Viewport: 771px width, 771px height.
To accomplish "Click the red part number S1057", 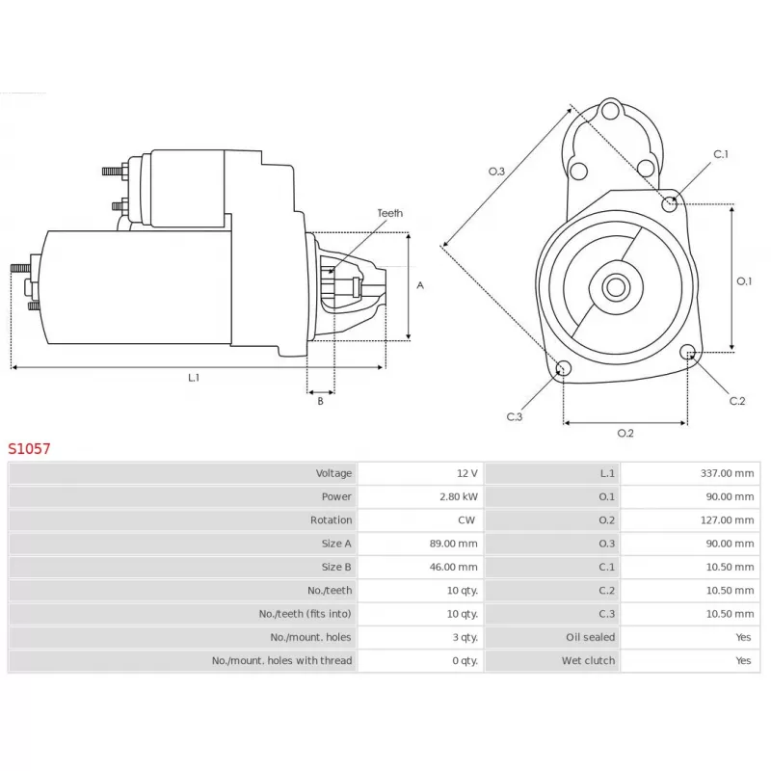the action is pos(29,448).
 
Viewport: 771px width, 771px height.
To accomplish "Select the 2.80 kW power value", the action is pos(459,496).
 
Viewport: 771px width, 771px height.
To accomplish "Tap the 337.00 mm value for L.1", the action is pos(727,473).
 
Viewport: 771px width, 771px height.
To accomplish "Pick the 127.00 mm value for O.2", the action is pos(727,519).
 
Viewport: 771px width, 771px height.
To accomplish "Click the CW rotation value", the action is pos(466,519).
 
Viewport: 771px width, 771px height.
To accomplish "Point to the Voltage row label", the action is pos(333,473).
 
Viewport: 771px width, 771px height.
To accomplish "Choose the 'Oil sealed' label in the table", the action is pos(590,637).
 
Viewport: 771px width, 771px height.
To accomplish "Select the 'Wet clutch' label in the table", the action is pos(588,660).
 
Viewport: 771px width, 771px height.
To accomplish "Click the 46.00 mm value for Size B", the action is pos(453,567).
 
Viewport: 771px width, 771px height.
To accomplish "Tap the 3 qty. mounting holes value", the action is pos(465,637).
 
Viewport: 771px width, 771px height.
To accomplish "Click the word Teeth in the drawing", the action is pos(390,213).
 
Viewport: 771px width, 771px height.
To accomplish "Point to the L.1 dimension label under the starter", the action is pos(194,378).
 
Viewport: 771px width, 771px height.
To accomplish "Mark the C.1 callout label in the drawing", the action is pos(720,154).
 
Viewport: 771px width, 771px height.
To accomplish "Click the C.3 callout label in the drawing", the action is pos(515,417).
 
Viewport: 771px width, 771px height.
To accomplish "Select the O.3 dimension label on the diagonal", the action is pos(496,172).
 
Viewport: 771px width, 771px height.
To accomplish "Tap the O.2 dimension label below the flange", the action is pos(625,433).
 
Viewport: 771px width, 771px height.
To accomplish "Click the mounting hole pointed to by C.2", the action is pos(687,352).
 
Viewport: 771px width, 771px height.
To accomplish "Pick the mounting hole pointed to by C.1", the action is pos(669,203).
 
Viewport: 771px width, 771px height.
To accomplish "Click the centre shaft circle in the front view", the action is pos(616,287).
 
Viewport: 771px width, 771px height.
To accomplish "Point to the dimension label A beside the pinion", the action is pos(420,285).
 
